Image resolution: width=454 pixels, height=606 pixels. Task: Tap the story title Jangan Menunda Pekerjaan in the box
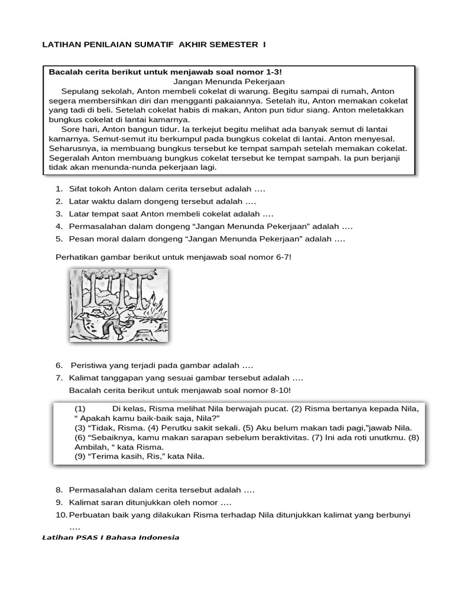tap(230, 81)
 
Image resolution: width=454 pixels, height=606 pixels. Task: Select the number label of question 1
tap(59, 189)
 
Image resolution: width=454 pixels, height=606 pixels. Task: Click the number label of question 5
tap(59, 239)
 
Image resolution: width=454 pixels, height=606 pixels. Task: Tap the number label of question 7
tap(59, 378)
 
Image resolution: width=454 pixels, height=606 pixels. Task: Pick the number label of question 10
tap(61, 515)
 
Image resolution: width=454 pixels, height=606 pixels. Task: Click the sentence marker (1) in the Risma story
tap(80, 409)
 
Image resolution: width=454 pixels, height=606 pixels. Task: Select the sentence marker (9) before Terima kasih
tap(80, 456)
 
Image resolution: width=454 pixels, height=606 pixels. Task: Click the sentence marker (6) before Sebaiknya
tap(80, 437)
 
